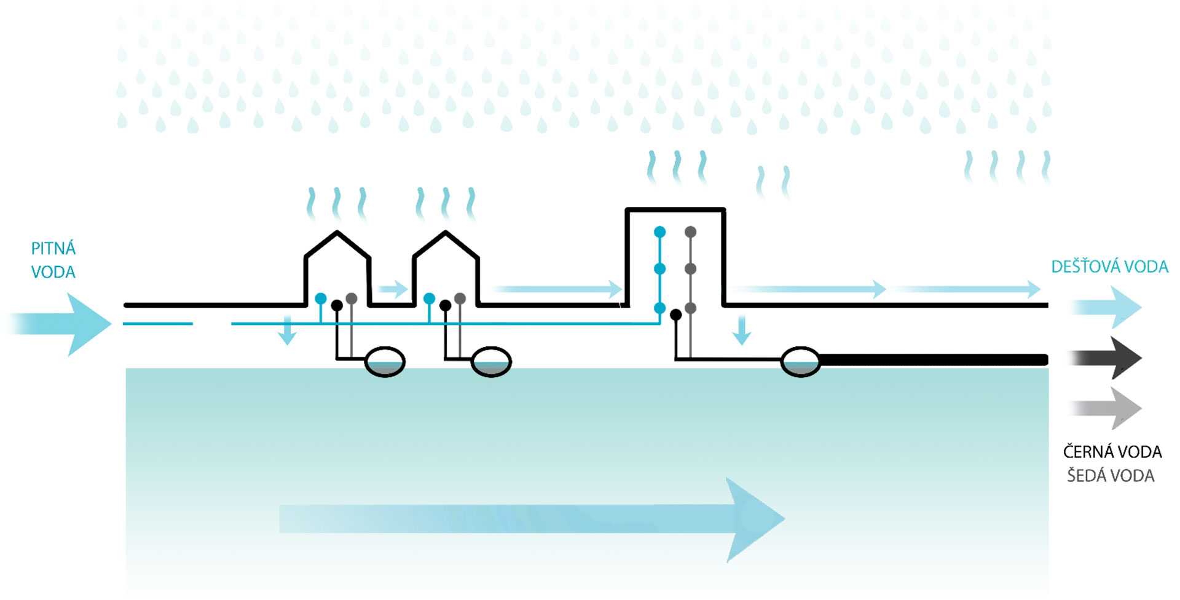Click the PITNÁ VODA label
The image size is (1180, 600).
(53, 260)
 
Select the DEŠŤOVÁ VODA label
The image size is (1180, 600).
(1109, 267)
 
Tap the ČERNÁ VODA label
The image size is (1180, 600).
(1112, 452)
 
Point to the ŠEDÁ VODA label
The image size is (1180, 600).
(1111, 476)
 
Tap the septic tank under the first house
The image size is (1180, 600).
(385, 362)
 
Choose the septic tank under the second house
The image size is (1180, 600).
(491, 362)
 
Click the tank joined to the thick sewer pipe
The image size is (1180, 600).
(800, 361)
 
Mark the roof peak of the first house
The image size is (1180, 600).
(337, 233)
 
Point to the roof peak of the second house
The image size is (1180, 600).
(446, 233)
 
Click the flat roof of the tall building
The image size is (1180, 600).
(675, 210)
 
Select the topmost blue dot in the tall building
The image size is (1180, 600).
(659, 232)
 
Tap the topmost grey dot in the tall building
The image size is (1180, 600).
(690, 232)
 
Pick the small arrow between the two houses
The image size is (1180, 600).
(393, 289)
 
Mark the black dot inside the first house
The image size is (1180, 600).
(337, 305)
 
